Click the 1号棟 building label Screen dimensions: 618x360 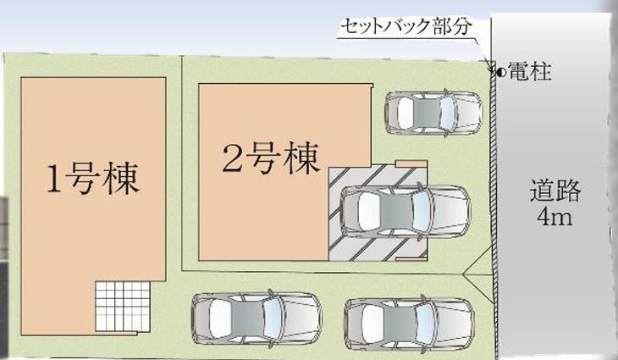click(92, 180)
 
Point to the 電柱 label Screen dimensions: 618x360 click(530, 74)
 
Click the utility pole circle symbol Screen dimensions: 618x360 click(500, 73)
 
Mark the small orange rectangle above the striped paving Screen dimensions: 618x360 click(408, 161)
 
